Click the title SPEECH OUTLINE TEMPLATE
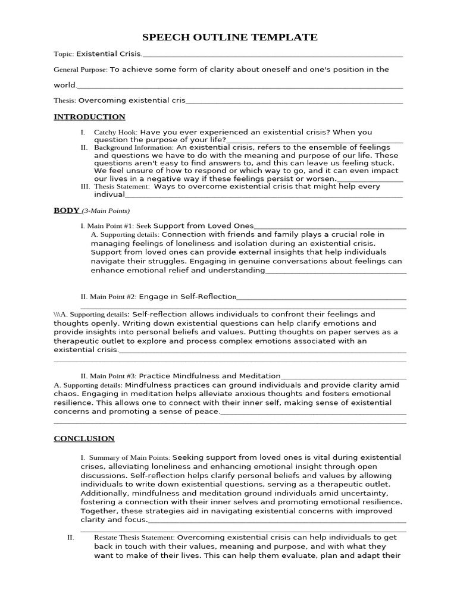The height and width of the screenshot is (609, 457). [228, 37]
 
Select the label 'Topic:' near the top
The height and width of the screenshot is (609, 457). [64, 54]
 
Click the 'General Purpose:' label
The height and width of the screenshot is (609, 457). [80, 70]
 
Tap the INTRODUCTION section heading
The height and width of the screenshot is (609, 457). [89, 117]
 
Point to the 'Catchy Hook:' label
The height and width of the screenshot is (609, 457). [115, 133]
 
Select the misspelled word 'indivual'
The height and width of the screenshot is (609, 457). [109, 194]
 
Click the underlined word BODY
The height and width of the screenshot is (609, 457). [66, 210]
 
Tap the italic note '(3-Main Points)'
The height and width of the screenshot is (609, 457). [105, 211]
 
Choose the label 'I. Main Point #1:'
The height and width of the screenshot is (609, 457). [108, 226]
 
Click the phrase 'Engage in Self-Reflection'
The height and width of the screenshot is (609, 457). [187, 296]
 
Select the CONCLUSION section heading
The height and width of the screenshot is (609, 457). [84, 438]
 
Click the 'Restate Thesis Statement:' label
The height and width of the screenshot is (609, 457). [134, 538]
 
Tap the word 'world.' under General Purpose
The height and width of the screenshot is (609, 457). [65, 85]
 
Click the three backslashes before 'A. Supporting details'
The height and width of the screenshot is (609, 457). [57, 314]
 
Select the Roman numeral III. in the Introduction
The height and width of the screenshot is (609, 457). [84, 186]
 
